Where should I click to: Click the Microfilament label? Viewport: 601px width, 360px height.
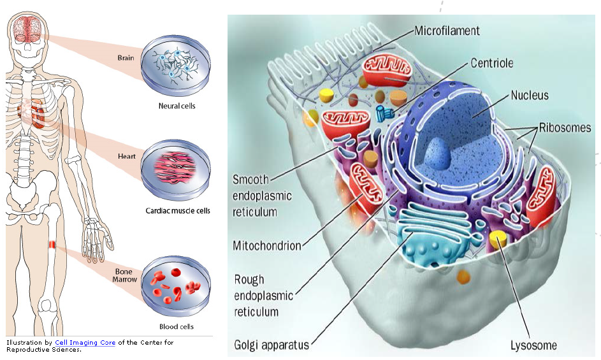(447, 31)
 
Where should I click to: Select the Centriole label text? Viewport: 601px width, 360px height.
(491, 63)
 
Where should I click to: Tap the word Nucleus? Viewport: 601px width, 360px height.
(529, 96)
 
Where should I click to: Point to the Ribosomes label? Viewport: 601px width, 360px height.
(565, 127)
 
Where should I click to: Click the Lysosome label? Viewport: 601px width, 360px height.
(533, 346)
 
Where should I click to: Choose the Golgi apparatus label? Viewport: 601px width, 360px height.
(271, 345)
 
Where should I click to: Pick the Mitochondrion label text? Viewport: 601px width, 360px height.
(267, 245)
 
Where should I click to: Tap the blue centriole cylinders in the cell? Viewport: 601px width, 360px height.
(384, 113)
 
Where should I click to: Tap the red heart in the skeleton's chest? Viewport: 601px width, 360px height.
(37, 113)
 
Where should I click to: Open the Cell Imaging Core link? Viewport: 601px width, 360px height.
(85, 343)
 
